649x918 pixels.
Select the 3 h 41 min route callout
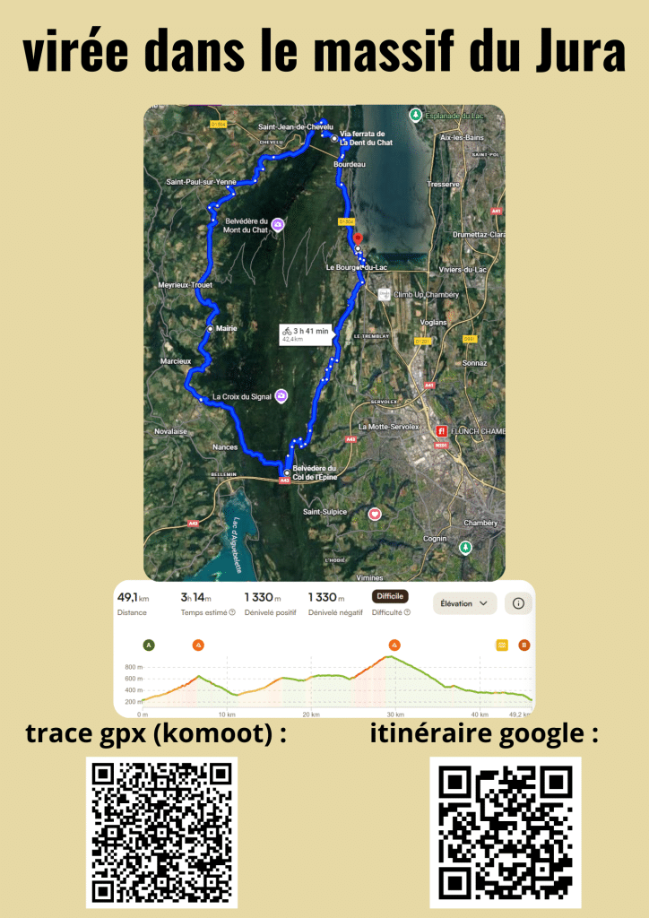click(306, 333)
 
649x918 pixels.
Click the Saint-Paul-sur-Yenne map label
click(201, 182)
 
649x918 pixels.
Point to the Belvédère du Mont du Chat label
click(247, 225)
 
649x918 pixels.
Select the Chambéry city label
click(480, 523)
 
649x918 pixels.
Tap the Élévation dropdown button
click(464, 603)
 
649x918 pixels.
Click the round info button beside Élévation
click(518, 603)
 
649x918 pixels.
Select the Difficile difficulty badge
click(390, 596)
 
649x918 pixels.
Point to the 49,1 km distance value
click(133, 597)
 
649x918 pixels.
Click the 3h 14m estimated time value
click(195, 597)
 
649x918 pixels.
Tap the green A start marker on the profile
click(148, 644)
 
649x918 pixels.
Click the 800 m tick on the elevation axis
click(134, 668)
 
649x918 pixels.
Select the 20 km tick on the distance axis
click(310, 714)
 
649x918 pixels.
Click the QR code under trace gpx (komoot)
click(162, 832)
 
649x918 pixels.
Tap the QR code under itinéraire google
click(506, 832)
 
